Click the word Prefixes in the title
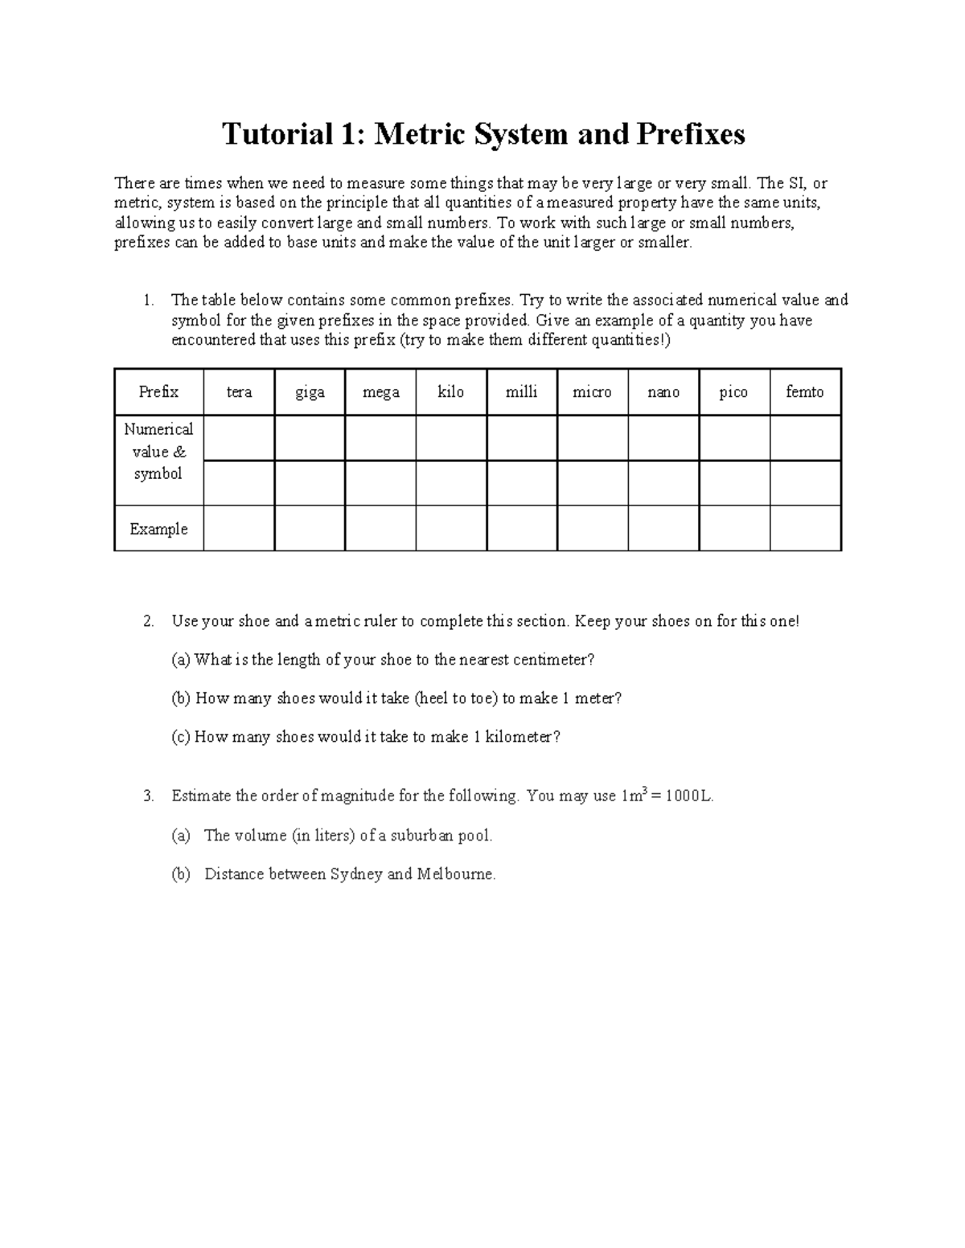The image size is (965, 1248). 691,134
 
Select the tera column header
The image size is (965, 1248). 239,392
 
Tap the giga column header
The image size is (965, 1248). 310,392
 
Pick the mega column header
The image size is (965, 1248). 380,392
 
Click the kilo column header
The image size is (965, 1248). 450,392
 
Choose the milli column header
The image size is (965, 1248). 521,392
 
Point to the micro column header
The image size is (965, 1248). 592,392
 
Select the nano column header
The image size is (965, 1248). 663,392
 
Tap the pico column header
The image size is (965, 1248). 733,392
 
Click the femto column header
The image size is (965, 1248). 805,392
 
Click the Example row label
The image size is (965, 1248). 158,529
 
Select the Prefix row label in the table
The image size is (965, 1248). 158,392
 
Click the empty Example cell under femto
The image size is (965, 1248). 805,528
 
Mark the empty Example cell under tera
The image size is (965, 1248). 239,528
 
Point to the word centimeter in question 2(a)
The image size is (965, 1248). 551,660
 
